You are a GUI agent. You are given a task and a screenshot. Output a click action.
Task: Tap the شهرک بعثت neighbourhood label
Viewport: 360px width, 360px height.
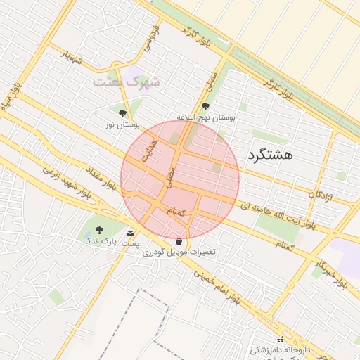point(127,82)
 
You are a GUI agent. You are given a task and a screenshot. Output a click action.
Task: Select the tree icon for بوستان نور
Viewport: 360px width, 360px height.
point(123,112)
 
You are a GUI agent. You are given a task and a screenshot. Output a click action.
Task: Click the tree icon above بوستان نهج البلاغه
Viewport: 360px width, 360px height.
point(205,107)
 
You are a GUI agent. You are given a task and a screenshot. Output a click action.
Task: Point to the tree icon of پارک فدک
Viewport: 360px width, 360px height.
point(98,230)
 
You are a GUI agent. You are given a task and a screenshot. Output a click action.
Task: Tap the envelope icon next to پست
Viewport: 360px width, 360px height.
point(130,233)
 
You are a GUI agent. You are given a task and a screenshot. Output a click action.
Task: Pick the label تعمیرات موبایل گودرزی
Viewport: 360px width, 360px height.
point(179,252)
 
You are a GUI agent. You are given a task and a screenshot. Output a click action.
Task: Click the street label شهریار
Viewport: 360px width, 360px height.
point(71,56)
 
